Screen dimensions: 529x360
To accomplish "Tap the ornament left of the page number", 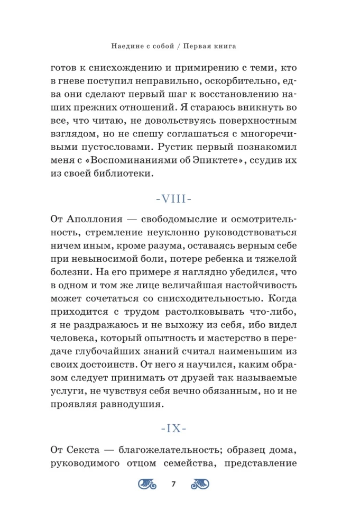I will pyautogui.click(x=150, y=484).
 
